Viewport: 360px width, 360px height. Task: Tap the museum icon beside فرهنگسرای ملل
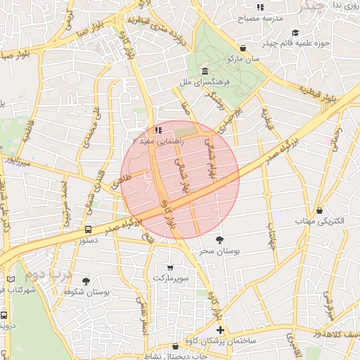pyautogui.click(x=204, y=72)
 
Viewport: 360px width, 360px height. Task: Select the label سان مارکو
pyautogui.click(x=244, y=60)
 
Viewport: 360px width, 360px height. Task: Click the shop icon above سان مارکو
pyautogui.click(x=243, y=49)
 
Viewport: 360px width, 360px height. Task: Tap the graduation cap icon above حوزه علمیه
pyautogui.click(x=295, y=33)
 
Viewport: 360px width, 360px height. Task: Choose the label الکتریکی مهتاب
pyautogui.click(x=320, y=221)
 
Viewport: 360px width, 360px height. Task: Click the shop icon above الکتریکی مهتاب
pyautogui.click(x=320, y=210)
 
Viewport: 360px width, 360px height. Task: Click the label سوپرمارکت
pyautogui.click(x=170, y=278)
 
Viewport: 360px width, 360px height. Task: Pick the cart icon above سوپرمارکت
pyautogui.click(x=170, y=267)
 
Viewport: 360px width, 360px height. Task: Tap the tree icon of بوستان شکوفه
pyautogui.click(x=86, y=281)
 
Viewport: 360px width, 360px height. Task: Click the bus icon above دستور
pyautogui.click(x=88, y=229)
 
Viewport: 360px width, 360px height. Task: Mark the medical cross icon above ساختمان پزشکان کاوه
pyautogui.click(x=220, y=330)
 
